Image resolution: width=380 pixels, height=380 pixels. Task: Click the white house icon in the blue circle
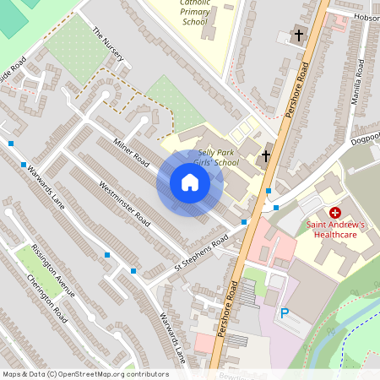190,182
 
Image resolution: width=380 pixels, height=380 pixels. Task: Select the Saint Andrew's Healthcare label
336,230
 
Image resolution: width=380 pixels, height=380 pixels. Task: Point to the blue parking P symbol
285,313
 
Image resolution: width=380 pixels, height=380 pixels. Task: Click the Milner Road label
131,150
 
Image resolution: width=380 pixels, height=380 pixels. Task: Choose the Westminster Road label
123,204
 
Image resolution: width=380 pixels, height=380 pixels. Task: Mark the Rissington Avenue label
52,270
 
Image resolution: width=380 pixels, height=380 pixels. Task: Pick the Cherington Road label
46,299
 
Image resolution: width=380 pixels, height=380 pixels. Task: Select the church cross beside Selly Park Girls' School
265,156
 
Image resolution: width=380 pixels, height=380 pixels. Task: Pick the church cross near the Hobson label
298,35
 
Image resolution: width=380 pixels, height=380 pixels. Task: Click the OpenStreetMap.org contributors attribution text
109,374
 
